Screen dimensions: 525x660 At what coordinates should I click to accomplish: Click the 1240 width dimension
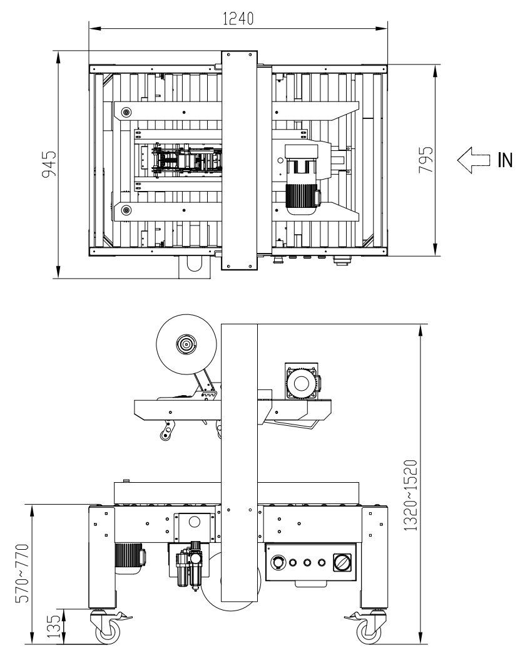pyautogui.click(x=238, y=19)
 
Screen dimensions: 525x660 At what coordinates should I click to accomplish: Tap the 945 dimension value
pyautogui.click(x=49, y=163)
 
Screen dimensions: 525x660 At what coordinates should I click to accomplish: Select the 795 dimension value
pyautogui.click(x=426, y=160)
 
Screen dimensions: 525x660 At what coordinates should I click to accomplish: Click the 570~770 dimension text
pyautogui.click(x=22, y=574)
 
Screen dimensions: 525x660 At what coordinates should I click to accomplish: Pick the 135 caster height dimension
pyautogui.click(x=54, y=626)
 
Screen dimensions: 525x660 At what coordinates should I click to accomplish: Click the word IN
pyautogui.click(x=505, y=160)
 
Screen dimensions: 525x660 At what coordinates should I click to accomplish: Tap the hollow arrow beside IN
pyautogui.click(x=474, y=160)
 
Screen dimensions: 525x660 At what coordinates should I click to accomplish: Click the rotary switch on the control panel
pyautogui.click(x=342, y=562)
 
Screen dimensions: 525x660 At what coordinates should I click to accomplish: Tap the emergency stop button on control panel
pyautogui.click(x=278, y=562)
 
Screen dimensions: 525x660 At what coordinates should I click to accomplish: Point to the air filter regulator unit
pyautogui.click(x=188, y=565)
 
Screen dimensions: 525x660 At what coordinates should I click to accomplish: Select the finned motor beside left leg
pyautogui.click(x=129, y=559)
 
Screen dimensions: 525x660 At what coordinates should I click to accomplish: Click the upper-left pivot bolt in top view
pyautogui.click(x=126, y=112)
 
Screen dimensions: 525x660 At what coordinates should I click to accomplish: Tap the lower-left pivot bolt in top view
pyautogui.click(x=126, y=209)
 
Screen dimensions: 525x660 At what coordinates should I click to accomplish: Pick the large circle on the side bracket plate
pyautogui.click(x=195, y=522)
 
